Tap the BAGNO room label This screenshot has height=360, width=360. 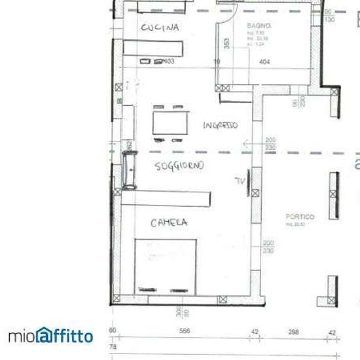[x=255, y=26]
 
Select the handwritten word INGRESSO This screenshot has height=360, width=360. [x=220, y=125]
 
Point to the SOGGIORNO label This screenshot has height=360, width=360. [x=179, y=166]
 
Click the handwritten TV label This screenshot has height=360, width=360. [x=240, y=181]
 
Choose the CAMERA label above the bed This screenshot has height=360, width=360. [x=169, y=223]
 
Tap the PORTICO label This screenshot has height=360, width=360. [x=300, y=217]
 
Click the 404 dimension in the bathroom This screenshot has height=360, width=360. [x=264, y=62]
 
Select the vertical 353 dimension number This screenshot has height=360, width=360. [x=226, y=44]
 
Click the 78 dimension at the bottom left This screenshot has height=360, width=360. [x=112, y=346]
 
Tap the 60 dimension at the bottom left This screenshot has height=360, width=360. [x=112, y=331]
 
